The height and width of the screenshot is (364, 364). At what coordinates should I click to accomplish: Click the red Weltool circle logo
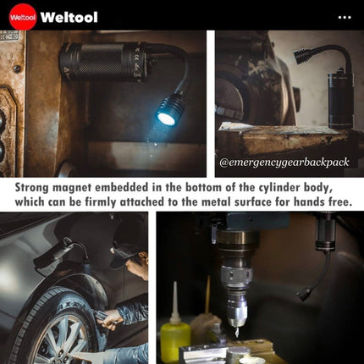23,17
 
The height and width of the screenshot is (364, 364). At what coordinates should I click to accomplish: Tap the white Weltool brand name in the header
69,17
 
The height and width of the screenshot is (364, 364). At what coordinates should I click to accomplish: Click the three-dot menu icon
345,18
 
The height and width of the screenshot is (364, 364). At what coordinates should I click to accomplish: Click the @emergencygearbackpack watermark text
284,162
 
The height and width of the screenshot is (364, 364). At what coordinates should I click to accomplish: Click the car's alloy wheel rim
61,339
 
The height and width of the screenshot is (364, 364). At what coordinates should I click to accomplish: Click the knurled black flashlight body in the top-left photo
104,62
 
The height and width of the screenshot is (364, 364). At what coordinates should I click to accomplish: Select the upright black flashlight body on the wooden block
340,100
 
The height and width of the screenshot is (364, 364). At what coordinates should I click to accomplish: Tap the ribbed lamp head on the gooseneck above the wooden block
303,56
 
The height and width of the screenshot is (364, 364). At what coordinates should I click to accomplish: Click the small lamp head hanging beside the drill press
305,294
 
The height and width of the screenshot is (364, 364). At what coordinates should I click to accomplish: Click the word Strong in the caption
32,188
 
